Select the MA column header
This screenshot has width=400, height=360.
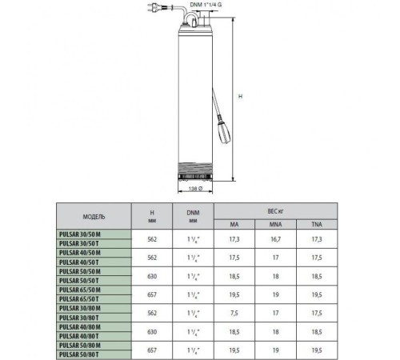[x=234, y=224]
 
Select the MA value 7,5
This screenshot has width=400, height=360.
[x=234, y=312]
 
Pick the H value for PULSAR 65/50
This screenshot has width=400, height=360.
[x=154, y=294]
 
